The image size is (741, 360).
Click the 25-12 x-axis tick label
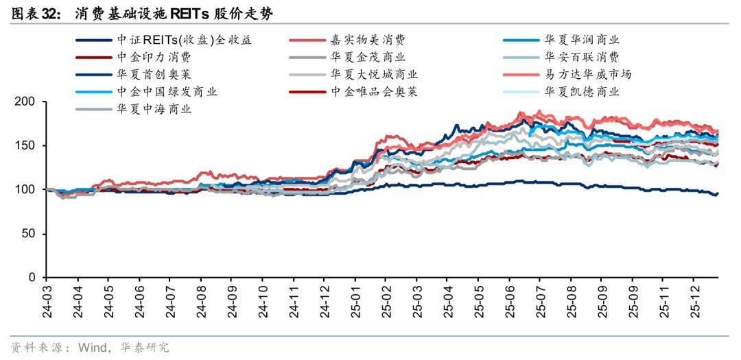point(694,302)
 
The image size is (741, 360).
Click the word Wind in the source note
point(93,348)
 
